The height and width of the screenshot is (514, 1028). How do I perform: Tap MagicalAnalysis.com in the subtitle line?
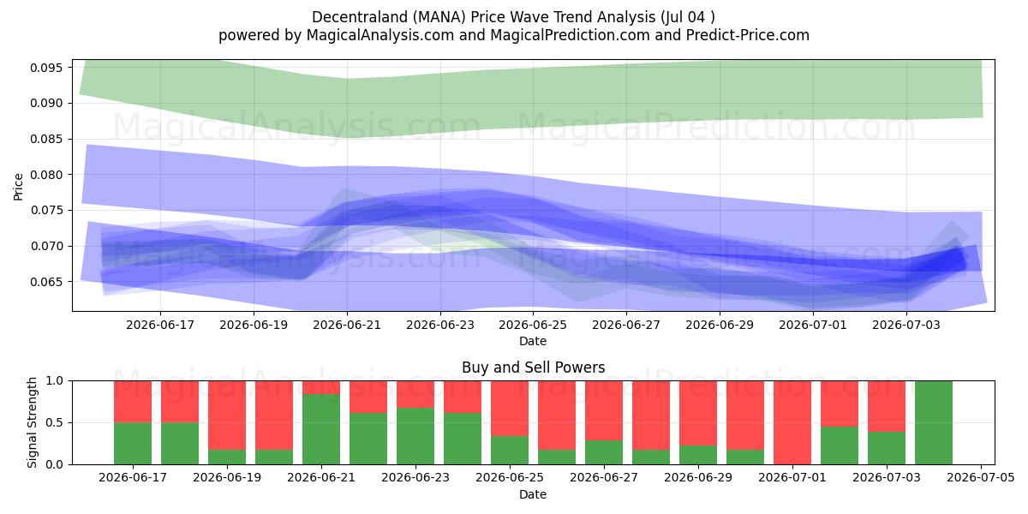point(380,35)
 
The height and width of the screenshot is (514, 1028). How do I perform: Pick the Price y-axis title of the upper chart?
point(18,187)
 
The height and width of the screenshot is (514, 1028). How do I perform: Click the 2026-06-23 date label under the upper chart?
point(440,325)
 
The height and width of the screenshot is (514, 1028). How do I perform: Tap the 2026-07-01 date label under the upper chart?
point(813,325)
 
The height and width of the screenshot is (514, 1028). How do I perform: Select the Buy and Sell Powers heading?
point(533,368)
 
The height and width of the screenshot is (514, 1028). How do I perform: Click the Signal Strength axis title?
point(32,422)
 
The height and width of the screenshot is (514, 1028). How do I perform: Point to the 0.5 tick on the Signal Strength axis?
point(55,422)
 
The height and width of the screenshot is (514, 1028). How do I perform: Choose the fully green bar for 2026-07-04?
point(934,422)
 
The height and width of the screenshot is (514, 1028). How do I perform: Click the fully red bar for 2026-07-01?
point(792,422)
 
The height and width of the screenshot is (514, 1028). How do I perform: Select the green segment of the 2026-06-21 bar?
point(321,429)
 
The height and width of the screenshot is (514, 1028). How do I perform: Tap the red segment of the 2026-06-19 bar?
point(227,415)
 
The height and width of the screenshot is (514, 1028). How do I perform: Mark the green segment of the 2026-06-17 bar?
point(133,444)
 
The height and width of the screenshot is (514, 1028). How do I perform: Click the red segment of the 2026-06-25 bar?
point(510,409)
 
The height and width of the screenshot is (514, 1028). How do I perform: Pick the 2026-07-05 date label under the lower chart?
point(981,478)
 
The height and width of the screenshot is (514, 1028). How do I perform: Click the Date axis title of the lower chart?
point(533,494)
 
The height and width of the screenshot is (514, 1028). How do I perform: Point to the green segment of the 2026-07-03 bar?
point(886,448)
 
